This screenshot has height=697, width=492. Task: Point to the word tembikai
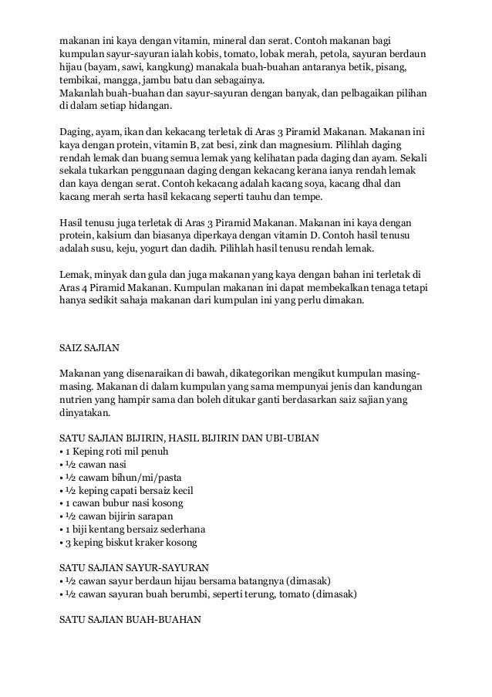(x=81, y=82)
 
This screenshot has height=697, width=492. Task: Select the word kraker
(x=151, y=543)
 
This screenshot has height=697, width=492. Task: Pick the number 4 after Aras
(x=86, y=286)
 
